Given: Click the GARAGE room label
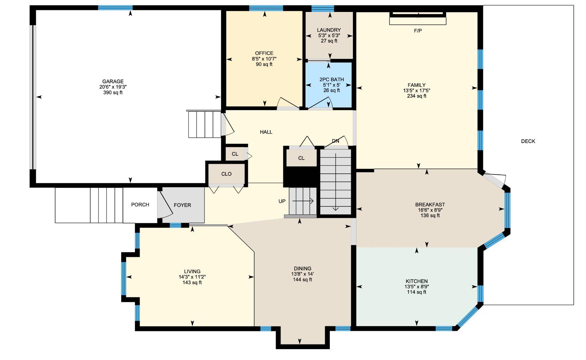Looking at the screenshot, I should (x=113, y=82).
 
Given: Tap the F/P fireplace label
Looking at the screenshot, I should (x=418, y=31).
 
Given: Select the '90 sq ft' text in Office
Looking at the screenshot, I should (x=264, y=64).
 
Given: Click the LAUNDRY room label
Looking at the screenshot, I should (x=329, y=30).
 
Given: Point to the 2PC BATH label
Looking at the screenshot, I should (x=331, y=79).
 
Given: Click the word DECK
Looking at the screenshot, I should (x=528, y=141).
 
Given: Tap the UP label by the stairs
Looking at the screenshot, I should (x=282, y=201).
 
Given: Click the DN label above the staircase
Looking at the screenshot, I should (x=335, y=141).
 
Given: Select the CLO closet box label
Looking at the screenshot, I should (x=226, y=174).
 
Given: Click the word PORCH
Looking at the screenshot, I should (x=140, y=205).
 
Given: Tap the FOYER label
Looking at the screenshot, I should (x=182, y=205).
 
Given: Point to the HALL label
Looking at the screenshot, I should (x=266, y=132).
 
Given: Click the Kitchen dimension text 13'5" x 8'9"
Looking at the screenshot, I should (x=417, y=287).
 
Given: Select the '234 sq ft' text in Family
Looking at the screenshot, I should (x=417, y=96).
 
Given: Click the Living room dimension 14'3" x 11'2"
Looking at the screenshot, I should (x=192, y=277).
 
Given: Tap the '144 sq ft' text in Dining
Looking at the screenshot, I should (x=302, y=280).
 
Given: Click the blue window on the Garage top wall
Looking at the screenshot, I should (x=115, y=7).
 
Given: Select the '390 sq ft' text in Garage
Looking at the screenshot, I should (x=113, y=93).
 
